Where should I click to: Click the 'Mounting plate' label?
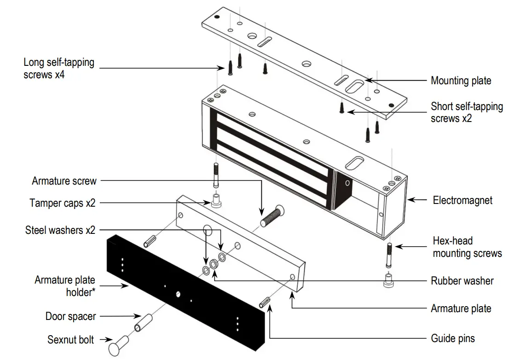[461, 81]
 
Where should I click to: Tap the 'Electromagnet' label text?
[463, 200]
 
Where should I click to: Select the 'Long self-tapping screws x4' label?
[59, 68]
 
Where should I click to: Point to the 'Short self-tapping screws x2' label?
[467, 112]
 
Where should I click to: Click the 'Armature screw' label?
[64, 181]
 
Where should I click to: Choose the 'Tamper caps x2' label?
[63, 203]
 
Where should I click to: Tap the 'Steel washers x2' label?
[60, 230]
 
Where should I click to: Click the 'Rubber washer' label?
[462, 280]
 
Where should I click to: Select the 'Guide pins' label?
[452, 339]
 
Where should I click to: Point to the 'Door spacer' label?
[70, 316]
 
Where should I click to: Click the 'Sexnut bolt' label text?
[70, 340]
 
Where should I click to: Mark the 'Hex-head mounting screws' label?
[467, 247]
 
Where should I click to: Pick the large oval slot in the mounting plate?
[356, 86]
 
